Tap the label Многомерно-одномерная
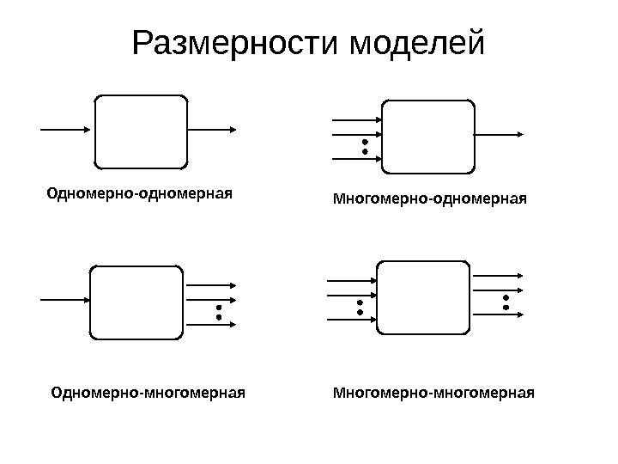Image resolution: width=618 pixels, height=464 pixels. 428,199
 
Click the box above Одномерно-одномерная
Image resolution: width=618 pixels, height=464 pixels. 141,131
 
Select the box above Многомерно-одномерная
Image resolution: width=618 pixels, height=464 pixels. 427,136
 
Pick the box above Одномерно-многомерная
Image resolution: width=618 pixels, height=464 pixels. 136,302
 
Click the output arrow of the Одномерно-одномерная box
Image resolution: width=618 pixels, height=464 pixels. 212,130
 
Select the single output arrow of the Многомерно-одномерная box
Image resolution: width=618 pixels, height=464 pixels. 500,135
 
